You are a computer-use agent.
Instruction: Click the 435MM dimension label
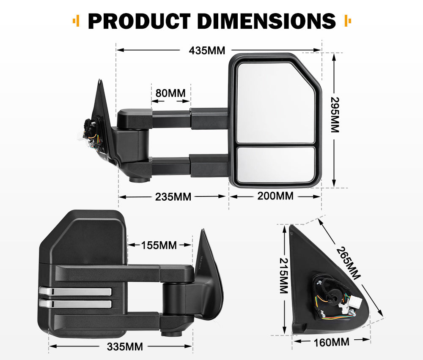click(207, 50)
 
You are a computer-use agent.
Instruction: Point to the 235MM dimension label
click(173, 196)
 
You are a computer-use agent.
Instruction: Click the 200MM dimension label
click(275, 196)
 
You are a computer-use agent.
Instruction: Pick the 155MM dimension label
click(159, 245)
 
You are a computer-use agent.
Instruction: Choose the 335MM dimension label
click(125, 347)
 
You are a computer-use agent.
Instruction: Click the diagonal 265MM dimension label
click(349, 262)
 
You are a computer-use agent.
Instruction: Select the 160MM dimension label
click(332, 341)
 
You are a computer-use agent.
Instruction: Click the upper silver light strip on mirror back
click(75, 292)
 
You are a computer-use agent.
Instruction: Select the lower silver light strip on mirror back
click(75, 303)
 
